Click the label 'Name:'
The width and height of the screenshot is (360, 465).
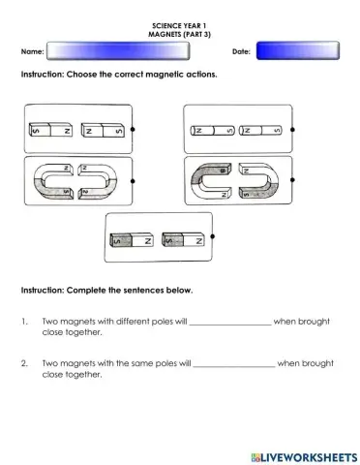(32, 50)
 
